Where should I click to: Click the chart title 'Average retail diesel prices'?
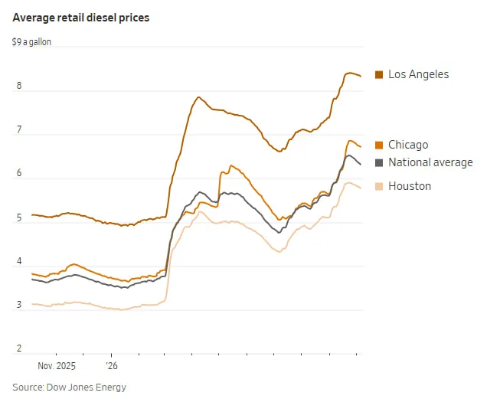tap(81, 18)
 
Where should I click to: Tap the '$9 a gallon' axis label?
tap(31, 42)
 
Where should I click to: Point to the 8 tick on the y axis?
tap(19, 86)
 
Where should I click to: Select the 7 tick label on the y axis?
tap(19, 129)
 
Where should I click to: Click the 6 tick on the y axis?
tap(19, 173)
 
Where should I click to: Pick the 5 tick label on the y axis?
tap(19, 217)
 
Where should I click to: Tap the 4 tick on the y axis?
tap(19, 261)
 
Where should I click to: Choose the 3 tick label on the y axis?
tap(19, 305)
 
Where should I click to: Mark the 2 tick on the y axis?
tap(19, 348)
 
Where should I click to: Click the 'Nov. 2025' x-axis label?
tap(57, 366)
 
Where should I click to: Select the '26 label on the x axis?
tap(112, 366)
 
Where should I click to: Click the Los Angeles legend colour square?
tap(379, 74)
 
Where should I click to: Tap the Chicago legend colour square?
tap(379, 145)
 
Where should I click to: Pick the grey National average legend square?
tap(379, 162)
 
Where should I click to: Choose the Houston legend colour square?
tap(379, 186)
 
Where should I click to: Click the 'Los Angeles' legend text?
tap(418, 74)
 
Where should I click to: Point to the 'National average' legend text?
tap(430, 162)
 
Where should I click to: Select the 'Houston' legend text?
tap(410, 186)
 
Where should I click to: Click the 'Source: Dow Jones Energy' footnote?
tap(70, 388)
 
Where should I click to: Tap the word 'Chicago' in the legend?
tap(408, 145)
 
